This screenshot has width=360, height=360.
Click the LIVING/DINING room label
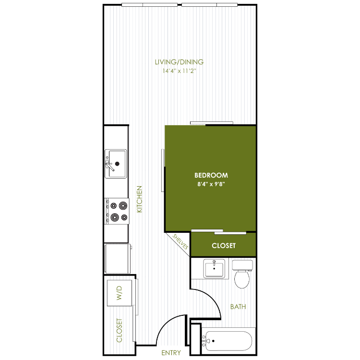click(179, 62)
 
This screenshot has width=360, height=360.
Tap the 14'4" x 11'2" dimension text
click(180, 71)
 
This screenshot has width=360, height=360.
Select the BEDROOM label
click(211, 175)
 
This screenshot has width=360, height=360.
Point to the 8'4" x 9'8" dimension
click(211, 184)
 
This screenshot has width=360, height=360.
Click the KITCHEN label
click(139, 199)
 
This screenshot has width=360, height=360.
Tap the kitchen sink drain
click(117, 164)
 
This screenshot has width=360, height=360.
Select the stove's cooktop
click(117, 211)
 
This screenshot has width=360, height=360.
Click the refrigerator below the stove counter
click(118, 259)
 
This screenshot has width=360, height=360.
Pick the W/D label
click(119, 293)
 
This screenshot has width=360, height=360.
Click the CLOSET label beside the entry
click(119, 330)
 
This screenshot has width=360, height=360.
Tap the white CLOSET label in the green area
click(224, 246)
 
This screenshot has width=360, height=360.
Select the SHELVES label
click(180, 241)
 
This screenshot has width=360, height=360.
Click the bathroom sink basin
click(214, 269)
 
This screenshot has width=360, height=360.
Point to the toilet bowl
click(242, 279)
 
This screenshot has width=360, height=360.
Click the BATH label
click(238, 307)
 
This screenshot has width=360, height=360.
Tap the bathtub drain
click(213, 341)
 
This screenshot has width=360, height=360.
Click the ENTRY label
click(171, 353)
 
